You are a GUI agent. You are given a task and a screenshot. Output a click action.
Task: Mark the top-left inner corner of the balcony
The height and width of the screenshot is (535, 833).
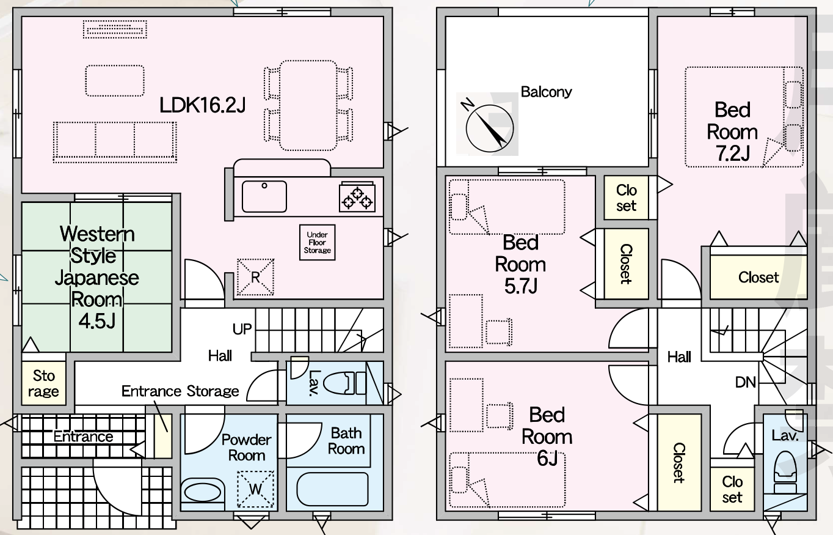click(446, 17)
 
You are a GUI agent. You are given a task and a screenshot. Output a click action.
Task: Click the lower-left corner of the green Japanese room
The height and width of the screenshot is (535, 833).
click(23, 352)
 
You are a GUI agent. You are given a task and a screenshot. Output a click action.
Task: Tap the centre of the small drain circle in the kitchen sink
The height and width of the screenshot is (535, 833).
click(264, 185)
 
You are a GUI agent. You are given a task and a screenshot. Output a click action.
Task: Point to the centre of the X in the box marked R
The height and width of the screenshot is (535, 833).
click(255, 278)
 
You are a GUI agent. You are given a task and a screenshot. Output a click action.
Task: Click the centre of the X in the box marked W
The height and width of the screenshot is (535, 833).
click(255, 489)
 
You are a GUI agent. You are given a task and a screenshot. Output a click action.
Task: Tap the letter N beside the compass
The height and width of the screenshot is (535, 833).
click(467, 105)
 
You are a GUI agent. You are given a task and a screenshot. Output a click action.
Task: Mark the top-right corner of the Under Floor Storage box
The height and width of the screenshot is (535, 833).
click(335, 225)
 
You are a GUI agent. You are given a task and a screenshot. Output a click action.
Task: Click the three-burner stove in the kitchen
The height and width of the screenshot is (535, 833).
click(357, 197)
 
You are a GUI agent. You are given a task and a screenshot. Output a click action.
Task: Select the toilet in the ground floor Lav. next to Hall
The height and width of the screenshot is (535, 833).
click(344, 383)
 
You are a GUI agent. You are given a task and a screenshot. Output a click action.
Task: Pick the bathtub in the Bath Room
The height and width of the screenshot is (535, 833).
click(332, 489)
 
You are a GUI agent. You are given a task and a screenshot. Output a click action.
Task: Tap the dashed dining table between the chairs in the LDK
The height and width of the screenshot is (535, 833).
click(308, 105)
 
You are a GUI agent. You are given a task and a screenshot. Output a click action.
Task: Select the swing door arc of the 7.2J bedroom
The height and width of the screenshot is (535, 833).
click(681, 279)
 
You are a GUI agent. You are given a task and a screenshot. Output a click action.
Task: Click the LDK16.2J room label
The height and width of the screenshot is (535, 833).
click(203, 105)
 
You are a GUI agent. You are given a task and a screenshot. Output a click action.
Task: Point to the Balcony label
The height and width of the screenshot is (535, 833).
click(547, 92)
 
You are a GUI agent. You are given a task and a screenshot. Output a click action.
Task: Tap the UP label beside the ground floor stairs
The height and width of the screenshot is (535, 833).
click(242, 329)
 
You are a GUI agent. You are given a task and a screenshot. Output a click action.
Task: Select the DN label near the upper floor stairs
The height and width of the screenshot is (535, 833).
click(746, 382)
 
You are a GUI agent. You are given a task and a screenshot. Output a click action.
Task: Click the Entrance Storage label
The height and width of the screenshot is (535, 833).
click(180, 391)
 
